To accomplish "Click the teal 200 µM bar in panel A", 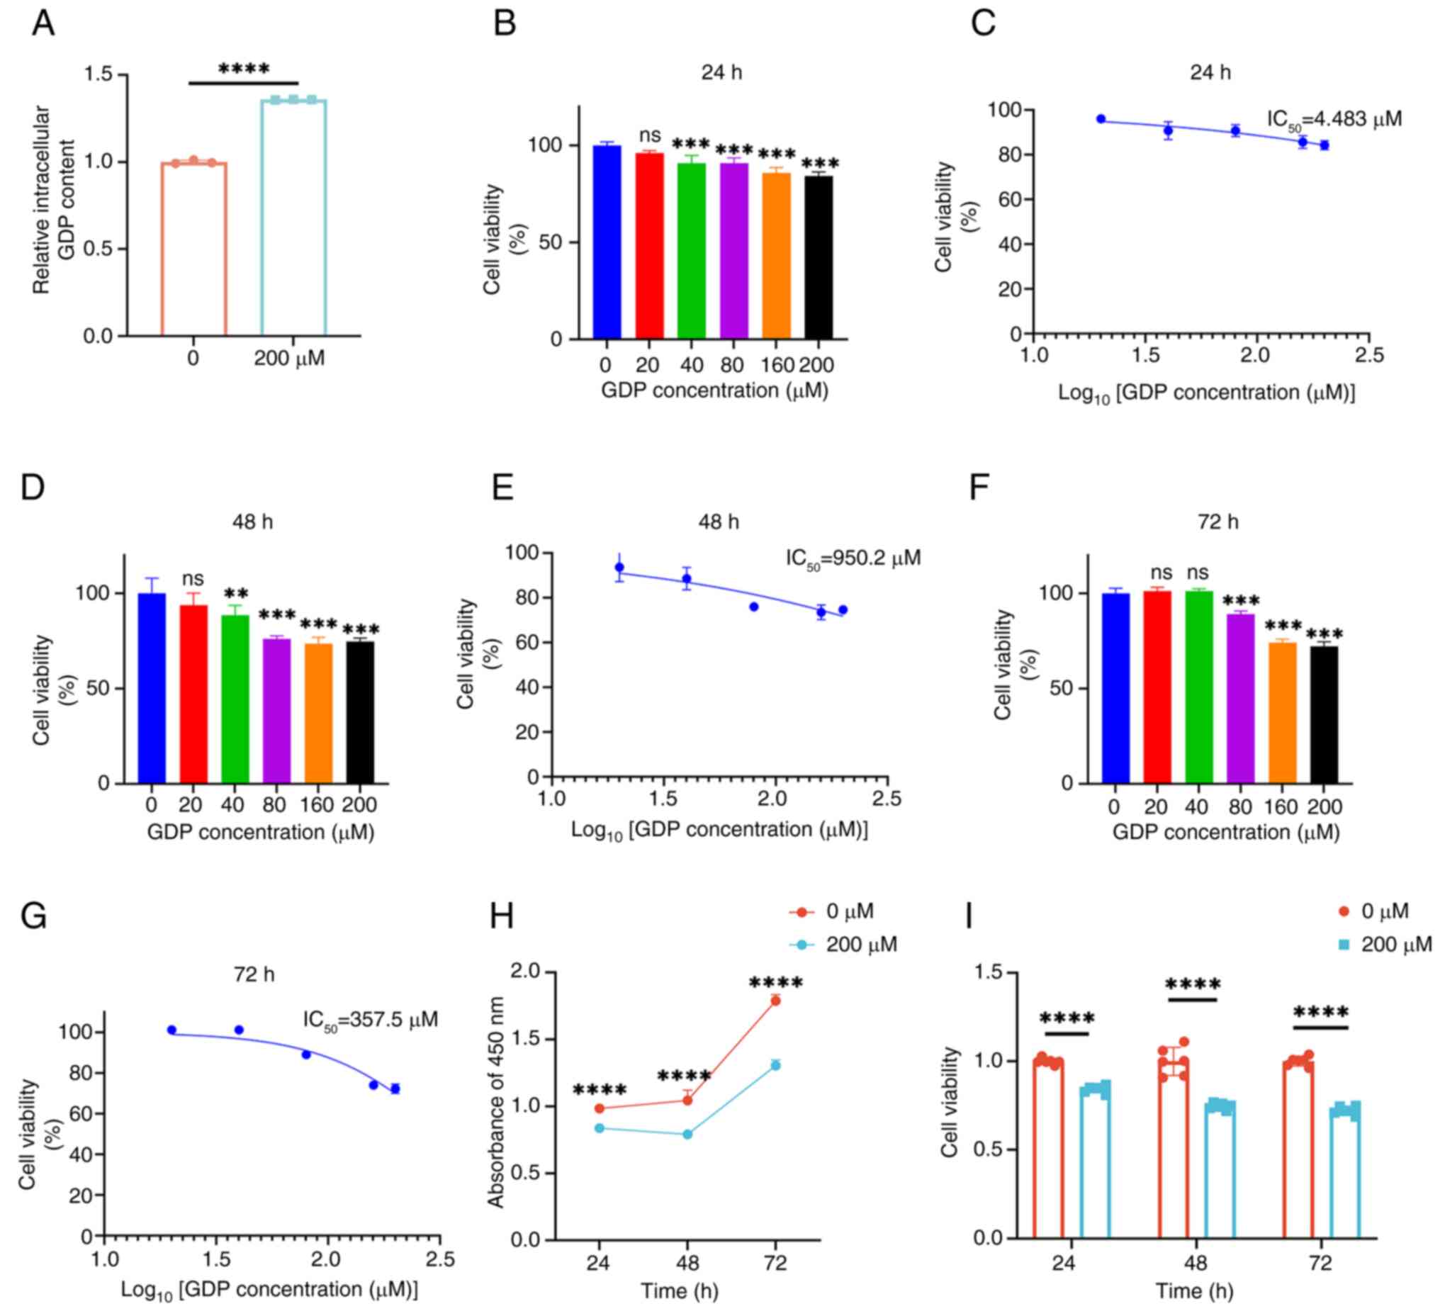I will [x=293, y=218].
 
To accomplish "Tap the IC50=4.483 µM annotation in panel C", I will [x=1334, y=119].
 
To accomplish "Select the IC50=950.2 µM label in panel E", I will [x=853, y=557].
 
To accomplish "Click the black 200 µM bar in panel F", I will [x=1324, y=714].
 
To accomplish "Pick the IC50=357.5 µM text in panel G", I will [x=370, y=1020].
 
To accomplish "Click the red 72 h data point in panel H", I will [x=775, y=1001].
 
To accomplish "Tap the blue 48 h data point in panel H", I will [x=687, y=1134].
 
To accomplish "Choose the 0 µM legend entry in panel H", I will [x=831, y=911].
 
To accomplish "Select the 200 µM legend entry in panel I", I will [x=1385, y=945].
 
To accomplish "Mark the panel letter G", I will [x=33, y=916].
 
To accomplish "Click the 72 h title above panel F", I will [x=1218, y=522].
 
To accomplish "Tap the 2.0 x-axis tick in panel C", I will [x=1254, y=355].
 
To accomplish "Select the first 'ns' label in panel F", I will [x=1162, y=573].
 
